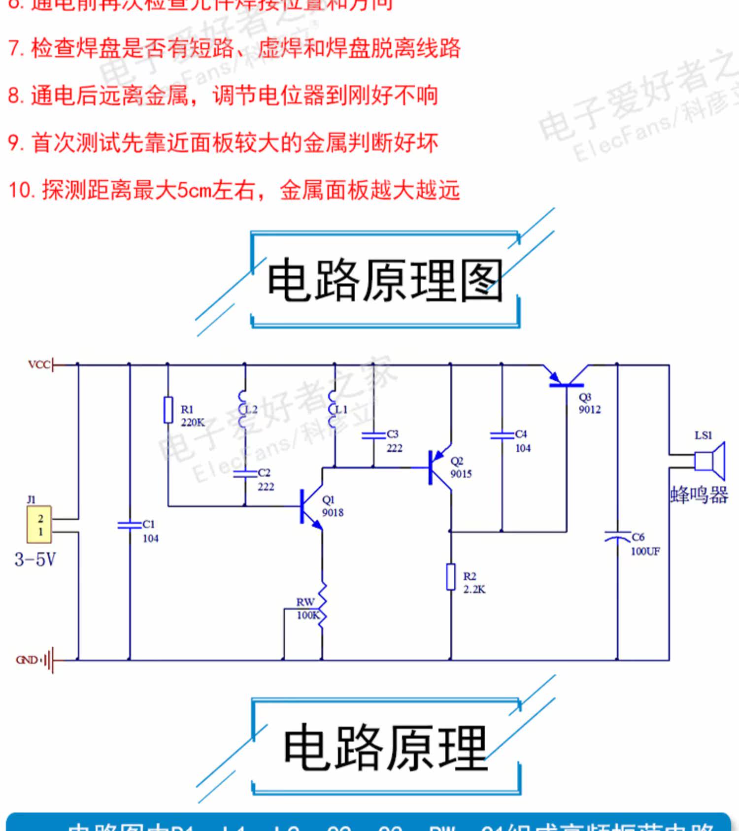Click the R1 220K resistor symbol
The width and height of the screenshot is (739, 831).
click(x=168, y=410)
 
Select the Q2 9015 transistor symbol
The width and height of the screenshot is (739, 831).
click(x=438, y=467)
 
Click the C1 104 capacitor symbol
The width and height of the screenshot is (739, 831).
click(x=129, y=525)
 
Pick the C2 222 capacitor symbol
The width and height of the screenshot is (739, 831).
click(x=245, y=473)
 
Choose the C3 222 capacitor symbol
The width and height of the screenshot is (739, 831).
click(x=373, y=435)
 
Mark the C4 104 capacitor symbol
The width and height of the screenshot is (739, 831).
click(x=502, y=435)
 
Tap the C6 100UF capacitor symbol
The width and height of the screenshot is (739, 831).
click(x=617, y=537)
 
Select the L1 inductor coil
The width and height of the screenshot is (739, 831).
click(x=334, y=410)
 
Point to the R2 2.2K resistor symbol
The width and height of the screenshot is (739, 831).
click(x=450, y=577)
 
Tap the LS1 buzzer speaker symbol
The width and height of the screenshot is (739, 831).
click(x=709, y=461)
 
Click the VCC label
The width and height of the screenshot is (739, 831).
click(x=39, y=365)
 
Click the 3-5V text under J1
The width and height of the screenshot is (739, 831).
click(x=35, y=560)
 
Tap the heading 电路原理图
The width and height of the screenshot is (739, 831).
click(x=384, y=281)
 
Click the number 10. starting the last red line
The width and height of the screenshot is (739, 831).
click(x=21, y=190)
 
